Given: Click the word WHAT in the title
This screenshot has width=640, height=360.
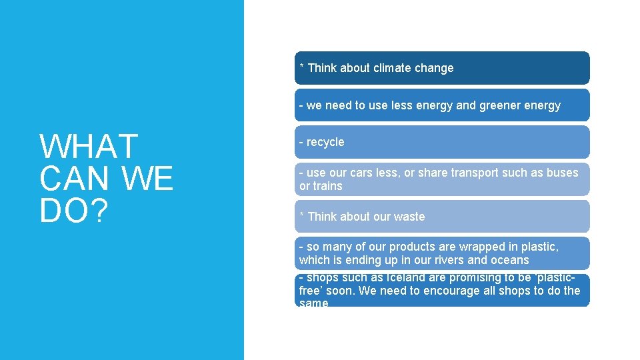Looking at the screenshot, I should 89,147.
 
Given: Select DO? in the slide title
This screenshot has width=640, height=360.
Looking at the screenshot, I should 73,211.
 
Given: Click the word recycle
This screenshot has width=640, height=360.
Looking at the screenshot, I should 325,142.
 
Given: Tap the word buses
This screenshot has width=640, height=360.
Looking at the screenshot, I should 563,173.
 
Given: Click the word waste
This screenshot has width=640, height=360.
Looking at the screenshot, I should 410,217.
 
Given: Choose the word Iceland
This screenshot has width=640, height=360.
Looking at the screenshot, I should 385,277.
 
